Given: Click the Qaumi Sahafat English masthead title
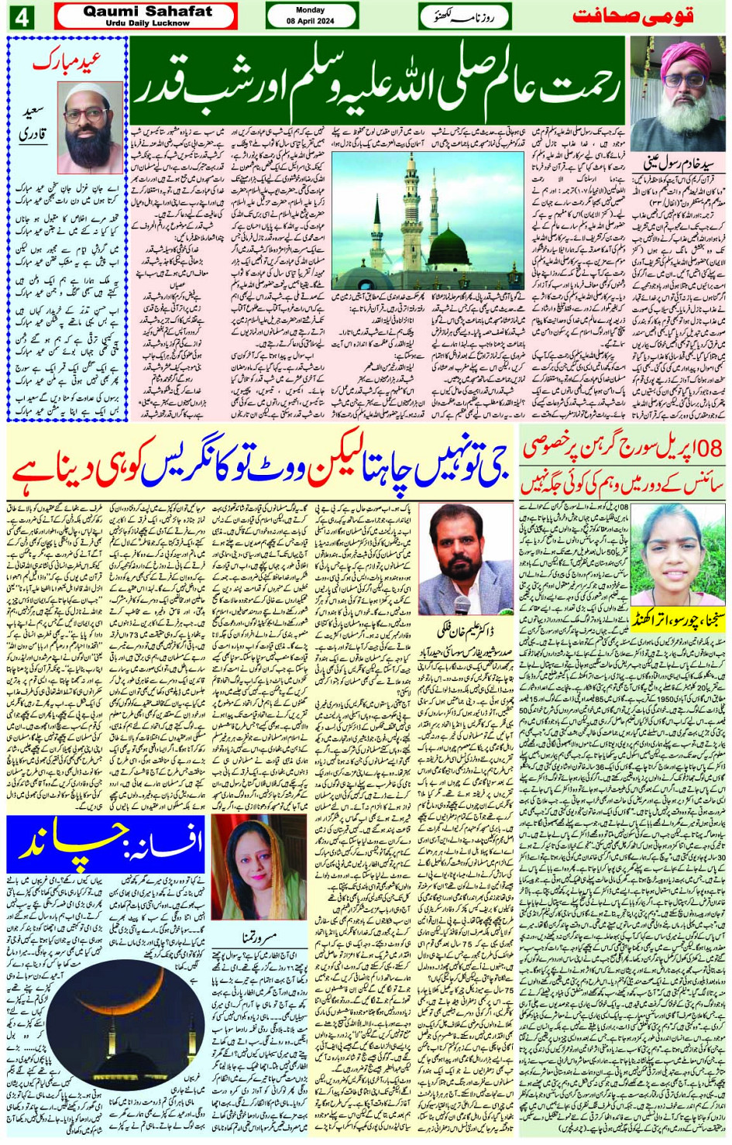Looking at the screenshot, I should tap(146, 11).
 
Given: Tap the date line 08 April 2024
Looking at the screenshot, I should tap(311, 21).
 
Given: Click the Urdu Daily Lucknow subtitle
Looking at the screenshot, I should tap(147, 23).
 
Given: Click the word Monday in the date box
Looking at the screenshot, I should tap(311, 10).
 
